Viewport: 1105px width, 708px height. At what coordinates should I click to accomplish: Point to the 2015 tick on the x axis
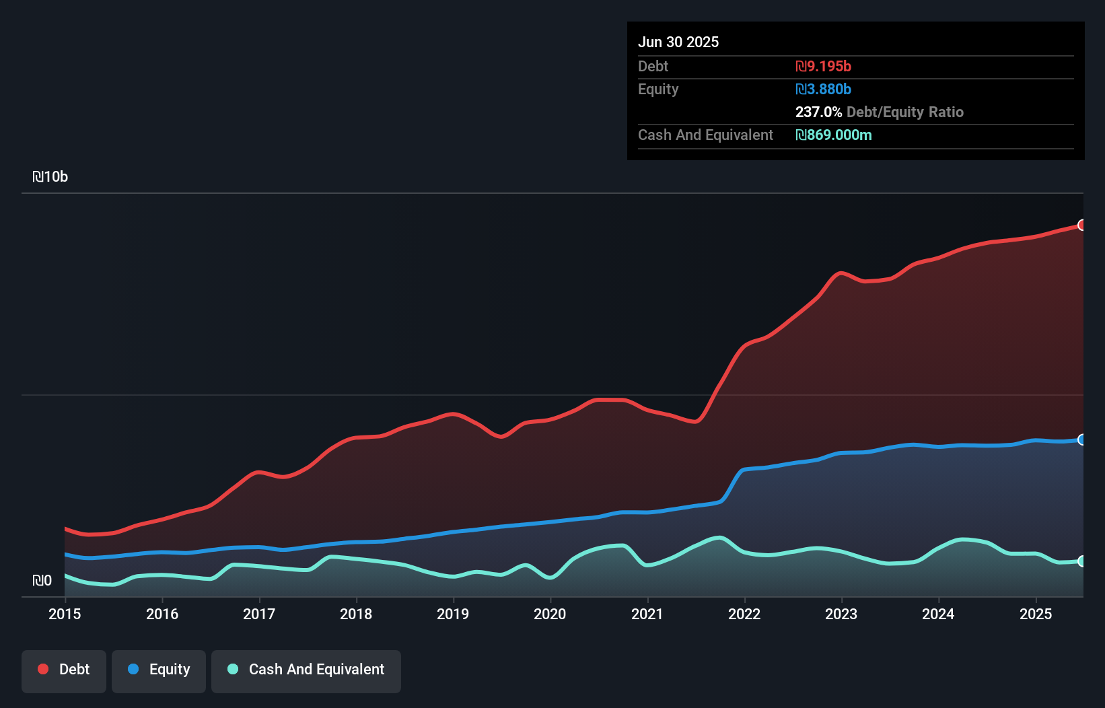[x=65, y=614]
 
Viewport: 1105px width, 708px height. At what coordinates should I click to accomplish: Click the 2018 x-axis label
[x=356, y=614]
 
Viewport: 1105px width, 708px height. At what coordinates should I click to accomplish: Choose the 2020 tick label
[x=550, y=614]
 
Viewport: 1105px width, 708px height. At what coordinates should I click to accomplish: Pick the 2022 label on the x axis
[x=744, y=614]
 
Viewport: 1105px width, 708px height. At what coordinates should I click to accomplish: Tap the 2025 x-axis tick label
[x=1036, y=614]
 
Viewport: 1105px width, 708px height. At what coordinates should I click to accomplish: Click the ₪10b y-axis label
[x=50, y=177]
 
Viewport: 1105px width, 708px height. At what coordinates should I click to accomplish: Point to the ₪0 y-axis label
[x=42, y=580]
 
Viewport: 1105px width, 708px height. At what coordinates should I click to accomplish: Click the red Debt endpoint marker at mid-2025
[x=1082, y=225]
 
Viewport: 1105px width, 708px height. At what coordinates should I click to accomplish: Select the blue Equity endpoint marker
[x=1082, y=439]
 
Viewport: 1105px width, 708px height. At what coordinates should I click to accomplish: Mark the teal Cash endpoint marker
[x=1082, y=561]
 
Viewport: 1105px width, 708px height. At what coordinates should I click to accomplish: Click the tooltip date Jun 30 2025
[x=678, y=42]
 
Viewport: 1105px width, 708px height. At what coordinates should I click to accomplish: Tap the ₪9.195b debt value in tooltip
[x=823, y=66]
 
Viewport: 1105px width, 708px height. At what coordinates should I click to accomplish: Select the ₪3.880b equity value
[x=823, y=89]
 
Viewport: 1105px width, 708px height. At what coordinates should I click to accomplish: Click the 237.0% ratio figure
[x=818, y=112]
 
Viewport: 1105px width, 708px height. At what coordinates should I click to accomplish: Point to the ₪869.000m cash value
[x=833, y=135]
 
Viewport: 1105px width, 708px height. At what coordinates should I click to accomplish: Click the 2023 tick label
[x=841, y=614]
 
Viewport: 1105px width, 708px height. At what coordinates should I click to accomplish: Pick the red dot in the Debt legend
[x=43, y=669]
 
